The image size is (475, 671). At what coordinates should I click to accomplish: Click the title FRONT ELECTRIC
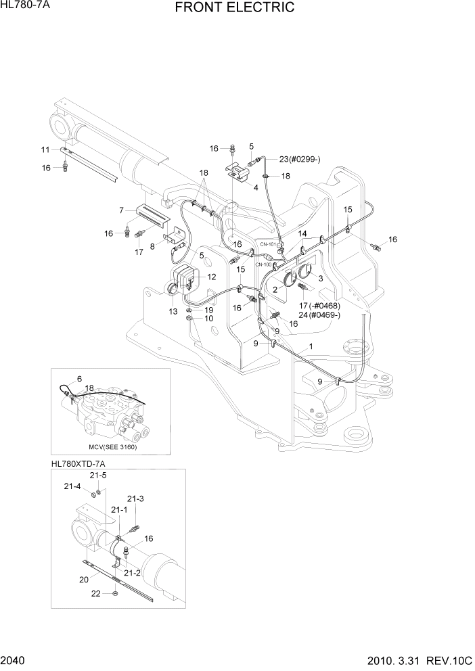[x=234, y=8]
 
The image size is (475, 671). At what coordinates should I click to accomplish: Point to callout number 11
[x=45, y=149]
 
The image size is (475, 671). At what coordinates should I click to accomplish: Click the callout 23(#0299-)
[x=300, y=160]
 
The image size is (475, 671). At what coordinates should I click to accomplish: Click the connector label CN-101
[x=269, y=244]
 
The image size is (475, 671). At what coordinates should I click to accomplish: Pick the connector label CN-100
[x=263, y=264]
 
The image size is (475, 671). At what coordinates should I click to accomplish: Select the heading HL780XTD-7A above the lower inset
[x=78, y=465]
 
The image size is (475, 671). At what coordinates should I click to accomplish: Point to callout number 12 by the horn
[x=212, y=277]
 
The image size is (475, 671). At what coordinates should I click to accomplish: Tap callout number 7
[x=121, y=210]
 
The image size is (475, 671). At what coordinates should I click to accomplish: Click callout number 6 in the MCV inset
[x=79, y=379]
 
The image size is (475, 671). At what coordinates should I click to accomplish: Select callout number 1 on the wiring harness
[x=310, y=346]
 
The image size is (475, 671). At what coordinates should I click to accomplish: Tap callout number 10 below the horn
[x=209, y=318]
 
